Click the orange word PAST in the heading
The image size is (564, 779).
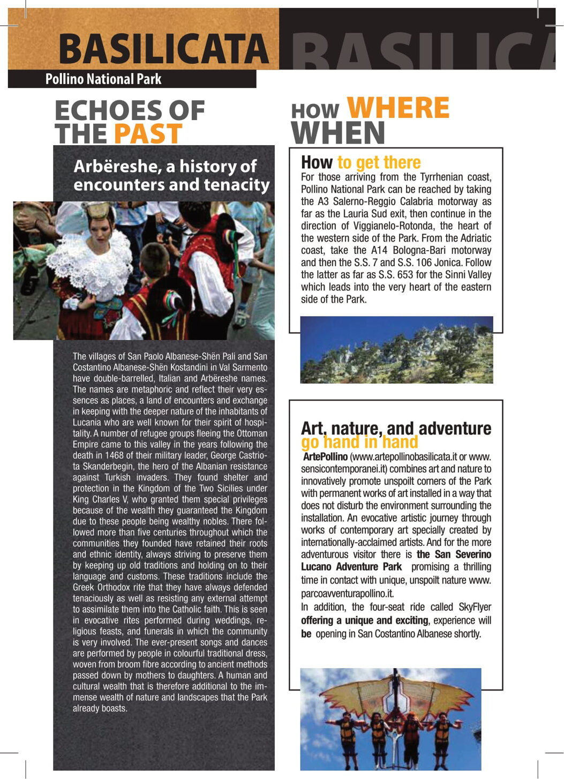pos(148,134)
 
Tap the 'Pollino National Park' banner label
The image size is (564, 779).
pos(103,79)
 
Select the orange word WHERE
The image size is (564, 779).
pos(398,108)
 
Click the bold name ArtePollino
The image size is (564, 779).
pos(325,457)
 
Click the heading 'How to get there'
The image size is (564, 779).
pos(360,162)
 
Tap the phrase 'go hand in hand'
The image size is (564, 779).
pos(359,443)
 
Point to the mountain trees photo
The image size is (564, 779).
pos(396,350)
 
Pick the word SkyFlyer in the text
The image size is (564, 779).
pos(475,607)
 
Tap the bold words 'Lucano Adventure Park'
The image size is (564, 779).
pos(351,567)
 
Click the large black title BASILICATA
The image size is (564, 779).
pos(163,49)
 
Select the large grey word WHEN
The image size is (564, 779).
pos(338,133)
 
